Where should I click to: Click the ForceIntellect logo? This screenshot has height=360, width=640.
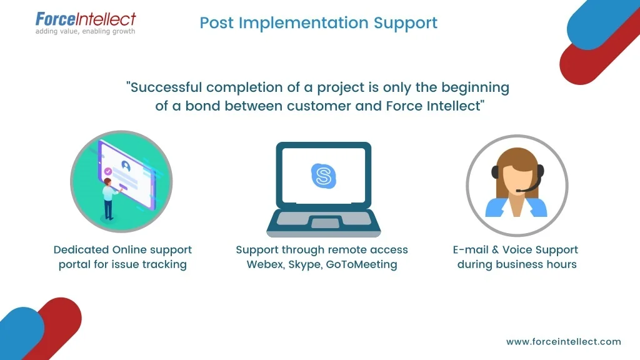click(x=85, y=19)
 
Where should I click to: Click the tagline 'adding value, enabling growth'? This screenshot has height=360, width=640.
click(x=85, y=31)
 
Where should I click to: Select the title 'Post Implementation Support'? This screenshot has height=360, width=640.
click(x=319, y=23)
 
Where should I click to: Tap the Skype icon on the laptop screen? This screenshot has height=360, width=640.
click(x=322, y=175)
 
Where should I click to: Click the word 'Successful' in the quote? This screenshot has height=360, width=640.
click(x=167, y=87)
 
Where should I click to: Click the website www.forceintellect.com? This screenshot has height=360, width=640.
click(x=564, y=341)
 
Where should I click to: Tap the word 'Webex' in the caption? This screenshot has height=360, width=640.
click(x=264, y=264)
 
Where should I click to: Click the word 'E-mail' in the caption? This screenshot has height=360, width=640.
click(x=470, y=250)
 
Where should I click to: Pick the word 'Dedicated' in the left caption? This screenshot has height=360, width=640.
click(x=81, y=250)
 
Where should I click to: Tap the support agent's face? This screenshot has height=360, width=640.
click(x=516, y=176)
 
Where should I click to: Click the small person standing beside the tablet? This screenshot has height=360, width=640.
click(x=109, y=197)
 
